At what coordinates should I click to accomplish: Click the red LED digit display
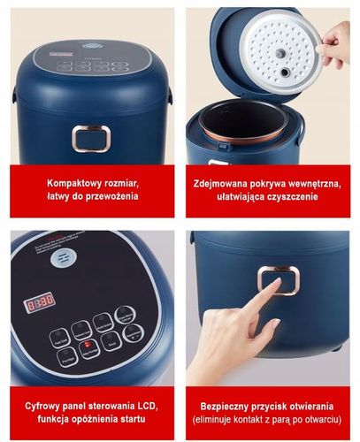coord(39,301)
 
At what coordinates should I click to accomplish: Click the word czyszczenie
coord(290,196)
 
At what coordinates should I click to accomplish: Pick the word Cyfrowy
coord(43,404)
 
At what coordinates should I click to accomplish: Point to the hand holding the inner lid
coord(336,44)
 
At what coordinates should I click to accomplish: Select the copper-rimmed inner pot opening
coord(234,118)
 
